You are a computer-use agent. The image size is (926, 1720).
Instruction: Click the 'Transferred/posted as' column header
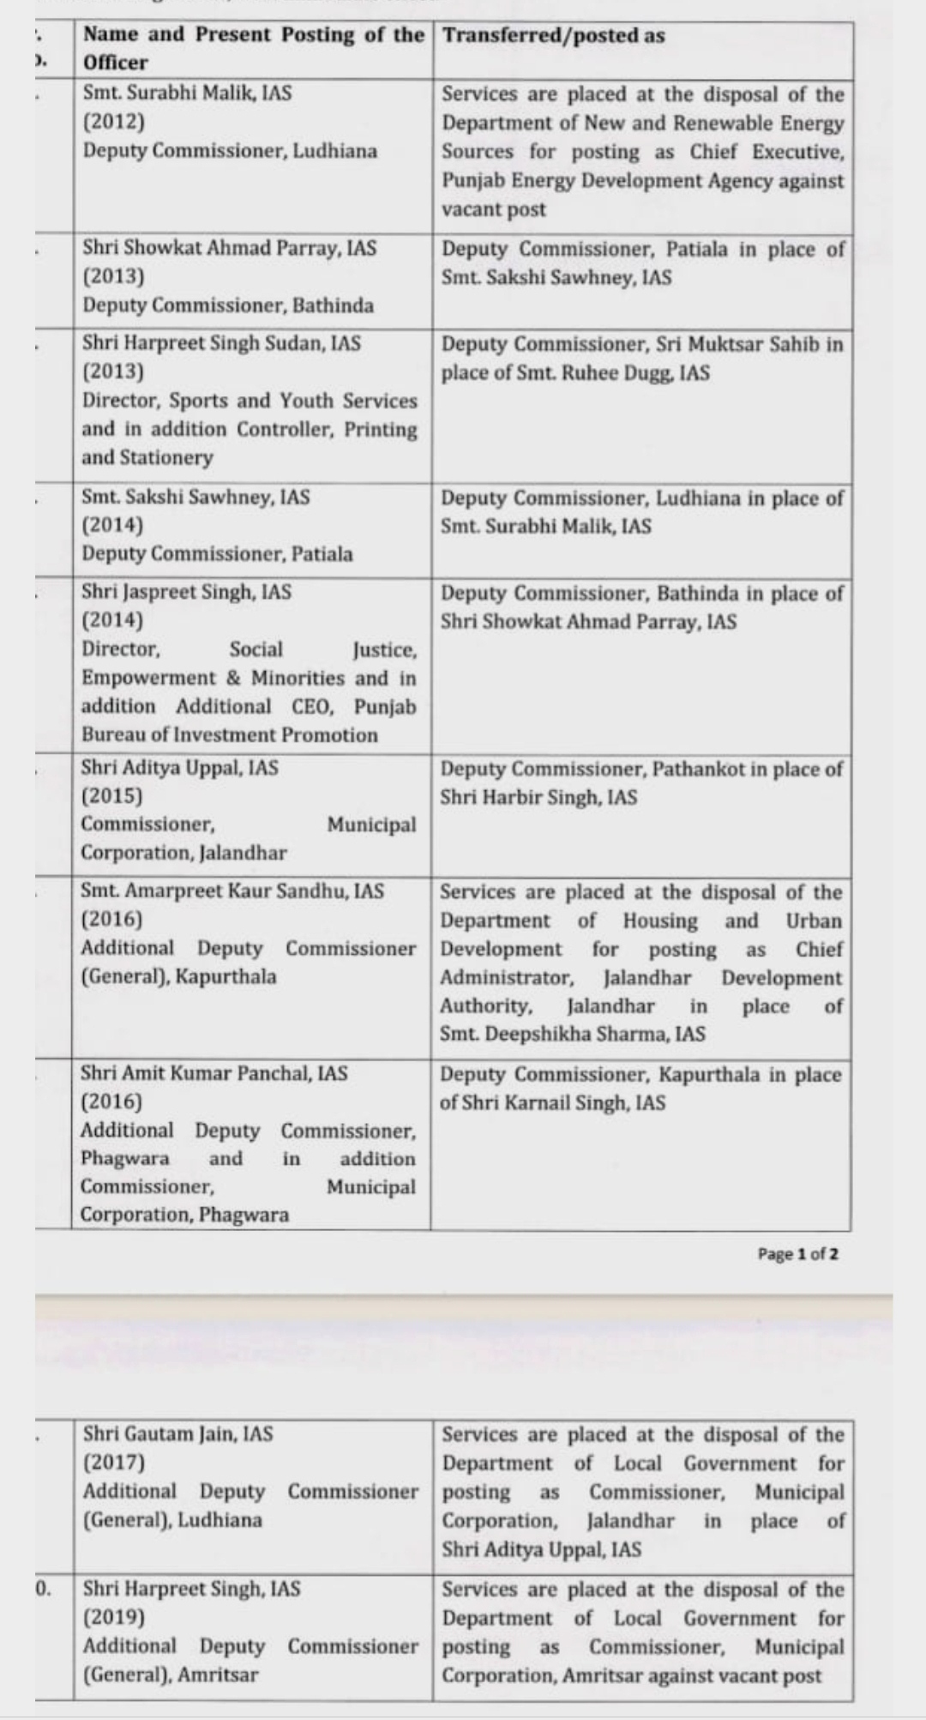[554, 35]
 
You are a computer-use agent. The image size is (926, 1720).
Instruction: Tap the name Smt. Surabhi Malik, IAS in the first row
[187, 93]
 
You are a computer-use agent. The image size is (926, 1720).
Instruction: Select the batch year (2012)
[113, 121]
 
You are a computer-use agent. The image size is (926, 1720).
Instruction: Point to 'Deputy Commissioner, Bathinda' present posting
[228, 305]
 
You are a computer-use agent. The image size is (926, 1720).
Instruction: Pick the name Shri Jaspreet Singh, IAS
[186, 592]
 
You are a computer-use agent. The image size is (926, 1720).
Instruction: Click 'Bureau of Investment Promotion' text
[230, 735]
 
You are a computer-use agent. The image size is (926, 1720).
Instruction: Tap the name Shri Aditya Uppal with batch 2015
[179, 767]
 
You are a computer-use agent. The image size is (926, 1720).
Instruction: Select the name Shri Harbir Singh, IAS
[538, 797]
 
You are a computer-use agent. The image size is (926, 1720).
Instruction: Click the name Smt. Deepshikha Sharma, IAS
[573, 1034]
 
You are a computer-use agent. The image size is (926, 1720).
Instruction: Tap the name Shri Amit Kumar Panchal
[214, 1073]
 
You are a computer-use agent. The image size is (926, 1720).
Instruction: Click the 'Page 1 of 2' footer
[797, 1254]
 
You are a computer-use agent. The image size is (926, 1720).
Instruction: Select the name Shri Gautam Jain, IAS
[178, 1433]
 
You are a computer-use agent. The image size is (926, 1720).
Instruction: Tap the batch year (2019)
[114, 1617]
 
